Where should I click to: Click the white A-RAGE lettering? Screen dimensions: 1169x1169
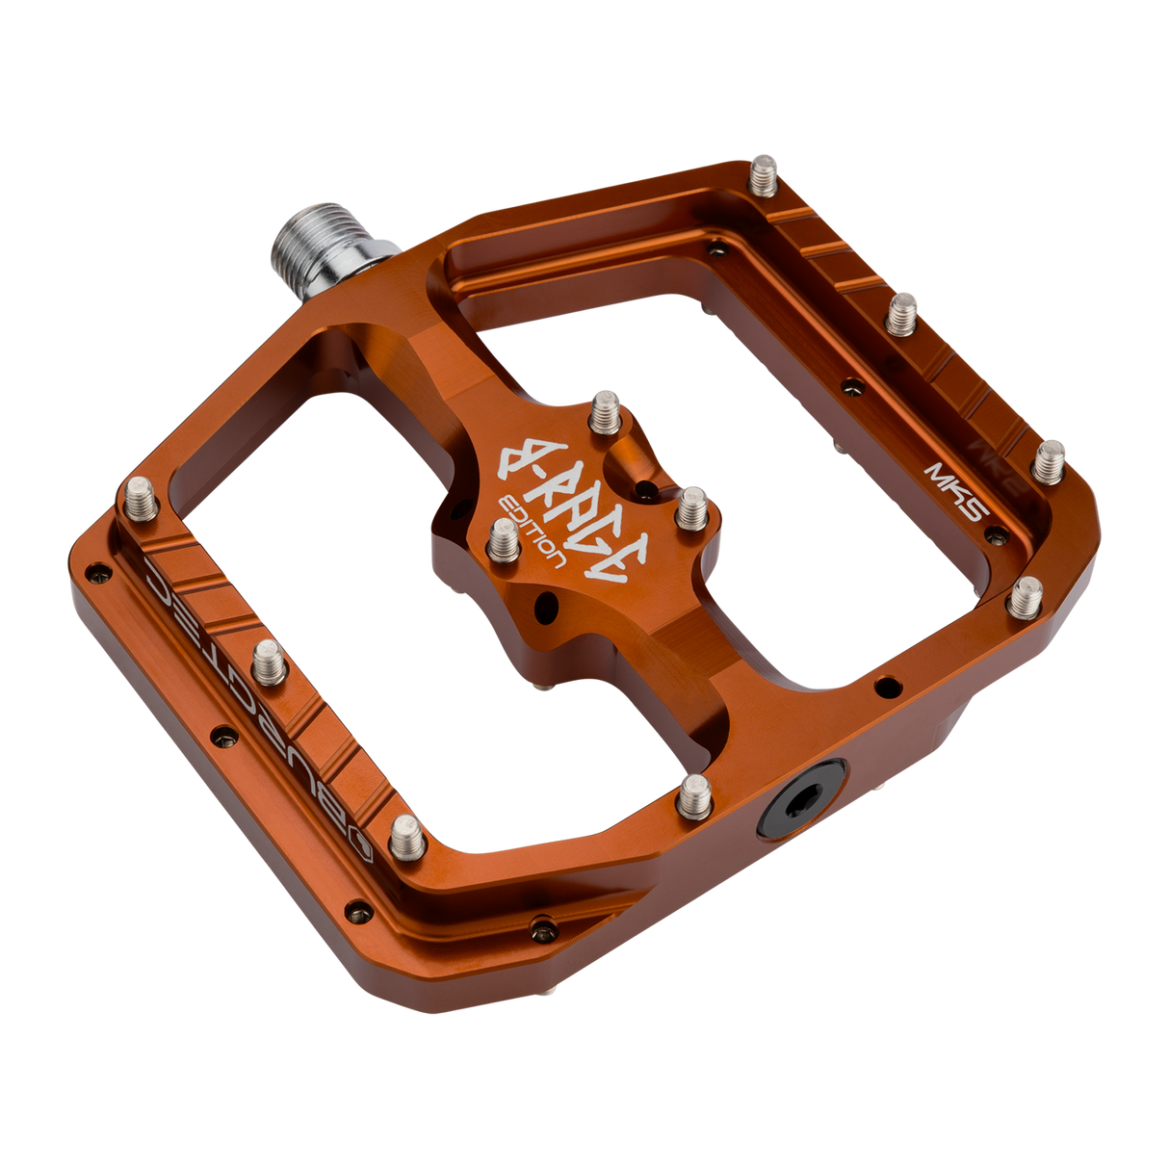tap(563, 503)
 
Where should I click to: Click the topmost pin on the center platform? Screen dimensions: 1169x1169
tap(604, 409)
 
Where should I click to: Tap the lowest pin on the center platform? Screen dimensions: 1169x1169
tap(504, 541)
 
